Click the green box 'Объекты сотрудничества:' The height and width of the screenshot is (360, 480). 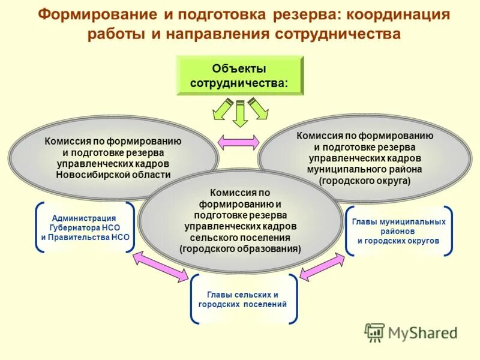(239, 75)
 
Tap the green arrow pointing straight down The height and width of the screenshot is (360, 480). (240, 114)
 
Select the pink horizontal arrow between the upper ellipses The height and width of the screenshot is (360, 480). (238, 142)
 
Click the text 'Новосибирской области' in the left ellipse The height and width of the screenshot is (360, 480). (113, 174)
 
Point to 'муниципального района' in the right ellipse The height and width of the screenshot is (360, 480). (365, 169)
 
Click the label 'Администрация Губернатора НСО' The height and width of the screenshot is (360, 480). (85, 223)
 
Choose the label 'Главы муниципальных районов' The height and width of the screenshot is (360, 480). (398, 226)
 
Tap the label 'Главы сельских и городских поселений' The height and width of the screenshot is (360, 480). (242, 299)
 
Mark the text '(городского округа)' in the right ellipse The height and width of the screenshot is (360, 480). (365, 179)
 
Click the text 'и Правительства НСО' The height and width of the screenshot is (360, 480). (85, 238)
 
